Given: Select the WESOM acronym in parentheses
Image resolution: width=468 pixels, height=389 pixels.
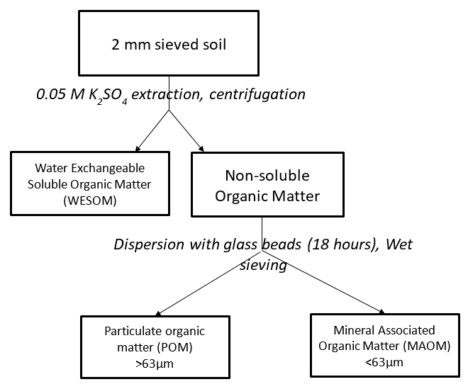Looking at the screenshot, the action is (x=90, y=201).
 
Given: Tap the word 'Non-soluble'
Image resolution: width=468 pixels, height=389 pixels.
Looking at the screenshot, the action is (x=267, y=176).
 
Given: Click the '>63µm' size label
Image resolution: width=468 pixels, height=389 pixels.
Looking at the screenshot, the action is (x=155, y=364).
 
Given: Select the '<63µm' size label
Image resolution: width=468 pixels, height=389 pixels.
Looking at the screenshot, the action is (x=384, y=363).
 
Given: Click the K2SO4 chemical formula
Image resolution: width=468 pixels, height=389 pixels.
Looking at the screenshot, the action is (x=108, y=96).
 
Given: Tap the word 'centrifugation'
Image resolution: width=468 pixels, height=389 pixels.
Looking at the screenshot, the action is (x=257, y=94).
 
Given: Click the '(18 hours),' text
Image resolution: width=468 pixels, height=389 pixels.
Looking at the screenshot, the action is (x=343, y=244).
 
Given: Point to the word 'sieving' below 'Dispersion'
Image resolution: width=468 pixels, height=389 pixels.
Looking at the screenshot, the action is (x=263, y=265).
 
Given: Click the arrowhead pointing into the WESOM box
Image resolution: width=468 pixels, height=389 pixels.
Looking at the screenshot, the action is (x=138, y=149).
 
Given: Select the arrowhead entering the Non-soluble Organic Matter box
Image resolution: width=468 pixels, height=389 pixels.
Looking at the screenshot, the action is (x=201, y=149).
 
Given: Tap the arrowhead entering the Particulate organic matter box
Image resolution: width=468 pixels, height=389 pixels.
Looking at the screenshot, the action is (x=158, y=313).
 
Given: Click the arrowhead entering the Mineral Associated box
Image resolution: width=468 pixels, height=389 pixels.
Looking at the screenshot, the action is (x=381, y=312).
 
